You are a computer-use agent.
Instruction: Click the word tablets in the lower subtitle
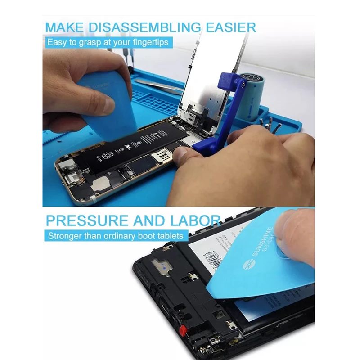coord(171,235)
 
